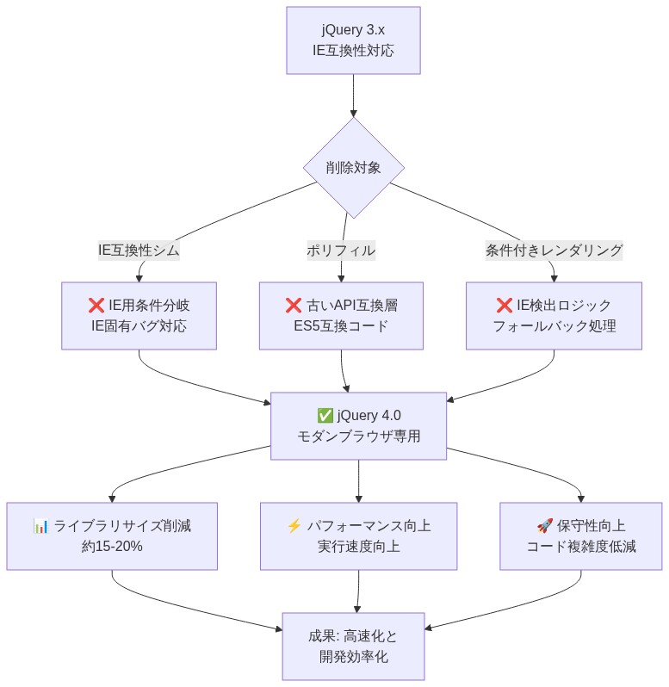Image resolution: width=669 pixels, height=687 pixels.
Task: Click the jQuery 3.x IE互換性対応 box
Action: (x=353, y=40)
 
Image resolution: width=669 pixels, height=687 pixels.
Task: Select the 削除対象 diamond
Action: (x=353, y=168)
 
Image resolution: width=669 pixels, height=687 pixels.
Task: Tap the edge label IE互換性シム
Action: (x=139, y=251)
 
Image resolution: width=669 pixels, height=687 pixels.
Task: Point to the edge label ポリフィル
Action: (x=341, y=251)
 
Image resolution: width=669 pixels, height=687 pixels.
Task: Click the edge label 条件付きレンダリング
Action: (x=554, y=251)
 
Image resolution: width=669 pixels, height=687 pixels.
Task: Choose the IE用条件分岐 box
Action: (x=139, y=316)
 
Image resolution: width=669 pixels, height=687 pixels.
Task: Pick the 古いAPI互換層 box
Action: (x=341, y=316)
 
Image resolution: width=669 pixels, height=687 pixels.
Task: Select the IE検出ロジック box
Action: (x=554, y=316)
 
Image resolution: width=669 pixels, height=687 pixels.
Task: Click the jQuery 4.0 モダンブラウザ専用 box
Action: (x=359, y=425)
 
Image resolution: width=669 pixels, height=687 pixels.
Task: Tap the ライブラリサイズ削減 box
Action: (x=112, y=535)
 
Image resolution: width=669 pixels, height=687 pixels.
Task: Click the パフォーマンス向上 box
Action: (x=359, y=535)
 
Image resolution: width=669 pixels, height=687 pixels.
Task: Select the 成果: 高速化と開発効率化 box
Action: (x=353, y=647)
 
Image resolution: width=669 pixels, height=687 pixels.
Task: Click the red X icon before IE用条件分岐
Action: (x=96, y=306)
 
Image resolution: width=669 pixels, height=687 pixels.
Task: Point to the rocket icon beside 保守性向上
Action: (x=544, y=525)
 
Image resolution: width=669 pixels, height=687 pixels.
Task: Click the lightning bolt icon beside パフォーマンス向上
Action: (x=294, y=525)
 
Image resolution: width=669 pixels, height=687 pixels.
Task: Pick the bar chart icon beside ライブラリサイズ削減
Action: (x=40, y=525)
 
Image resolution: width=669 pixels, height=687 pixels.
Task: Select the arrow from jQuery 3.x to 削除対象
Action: (x=353, y=95)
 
